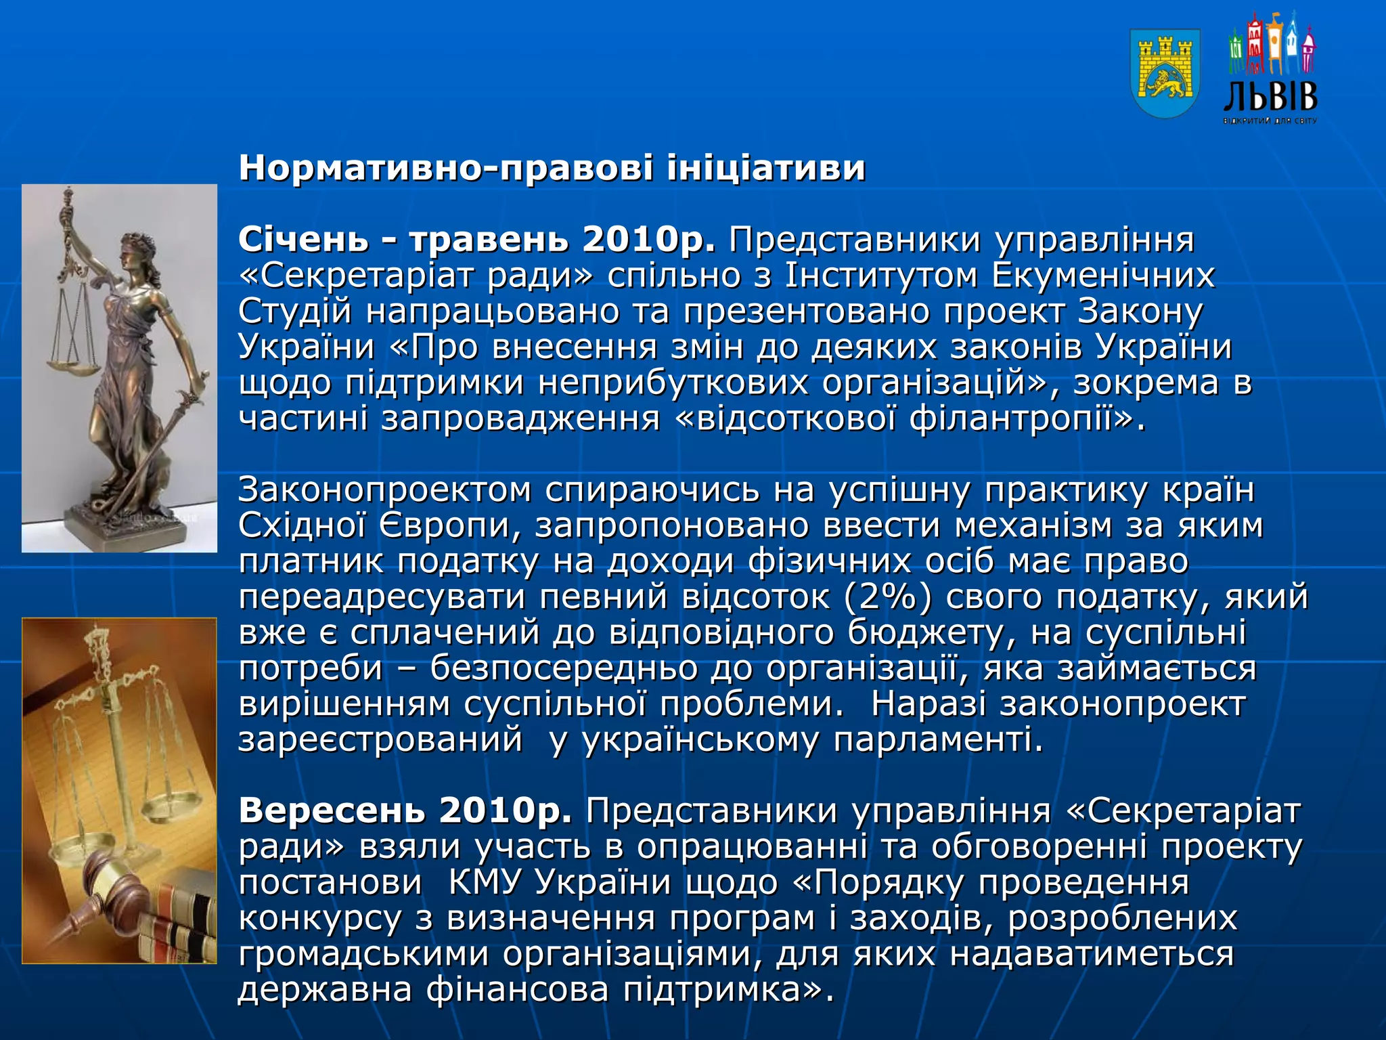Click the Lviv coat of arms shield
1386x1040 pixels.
[x=1165, y=73]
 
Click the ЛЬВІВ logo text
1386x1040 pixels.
[x=1271, y=97]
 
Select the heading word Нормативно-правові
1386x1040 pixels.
[x=446, y=168]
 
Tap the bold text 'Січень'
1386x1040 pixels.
[x=303, y=240]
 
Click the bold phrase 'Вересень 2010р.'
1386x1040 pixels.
[x=405, y=810]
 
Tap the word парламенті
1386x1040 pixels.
[x=938, y=739]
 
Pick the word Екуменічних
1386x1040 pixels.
[x=1103, y=276]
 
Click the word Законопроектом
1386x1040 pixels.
[x=384, y=490]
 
